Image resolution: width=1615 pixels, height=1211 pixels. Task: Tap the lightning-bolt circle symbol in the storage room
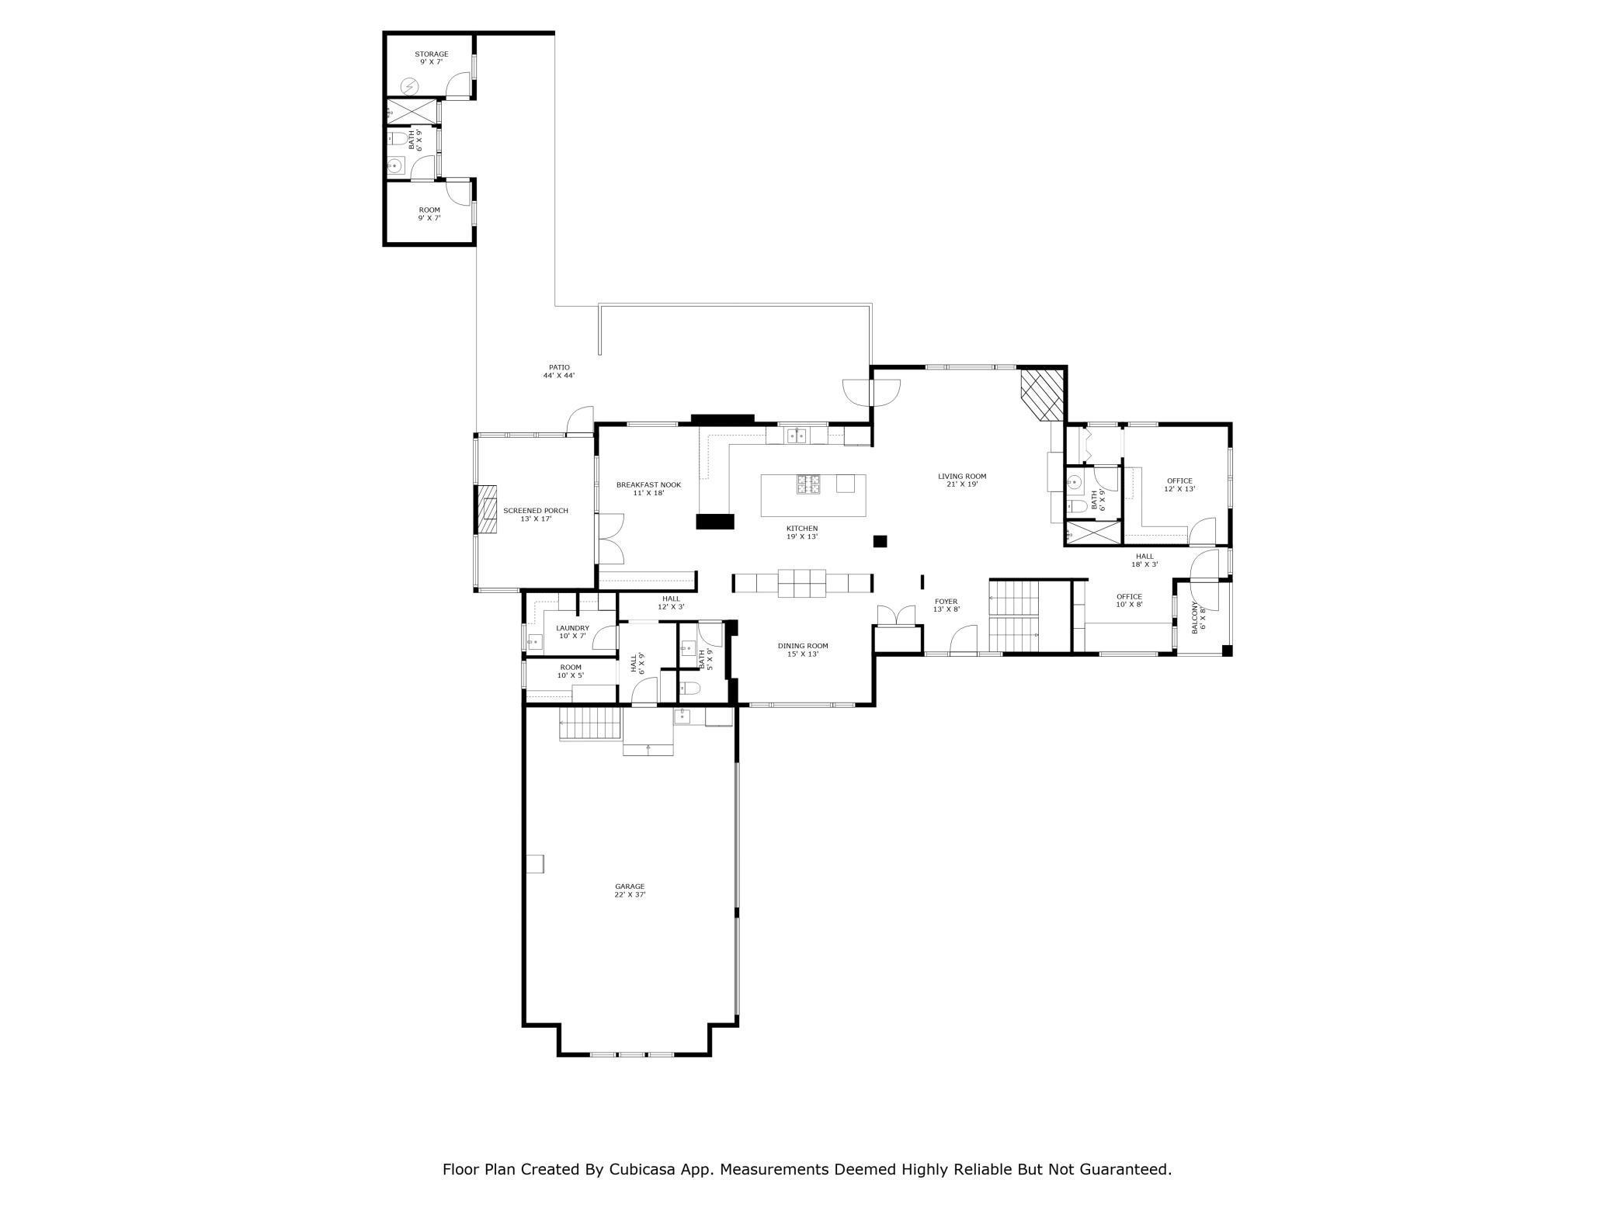(x=409, y=85)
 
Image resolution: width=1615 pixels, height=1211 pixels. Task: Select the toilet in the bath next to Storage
(x=398, y=140)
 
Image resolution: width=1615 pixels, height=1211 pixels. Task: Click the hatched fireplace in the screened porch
(x=487, y=510)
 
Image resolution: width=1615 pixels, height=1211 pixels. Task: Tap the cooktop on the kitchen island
(x=807, y=484)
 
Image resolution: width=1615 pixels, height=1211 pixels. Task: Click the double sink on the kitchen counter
(x=796, y=435)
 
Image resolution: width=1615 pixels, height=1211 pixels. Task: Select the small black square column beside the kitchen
(x=880, y=541)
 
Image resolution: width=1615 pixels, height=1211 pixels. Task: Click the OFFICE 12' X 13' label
(x=1179, y=485)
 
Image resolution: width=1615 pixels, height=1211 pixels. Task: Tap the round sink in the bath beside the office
(x=1075, y=483)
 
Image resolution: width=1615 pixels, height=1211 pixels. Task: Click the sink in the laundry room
(x=535, y=641)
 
